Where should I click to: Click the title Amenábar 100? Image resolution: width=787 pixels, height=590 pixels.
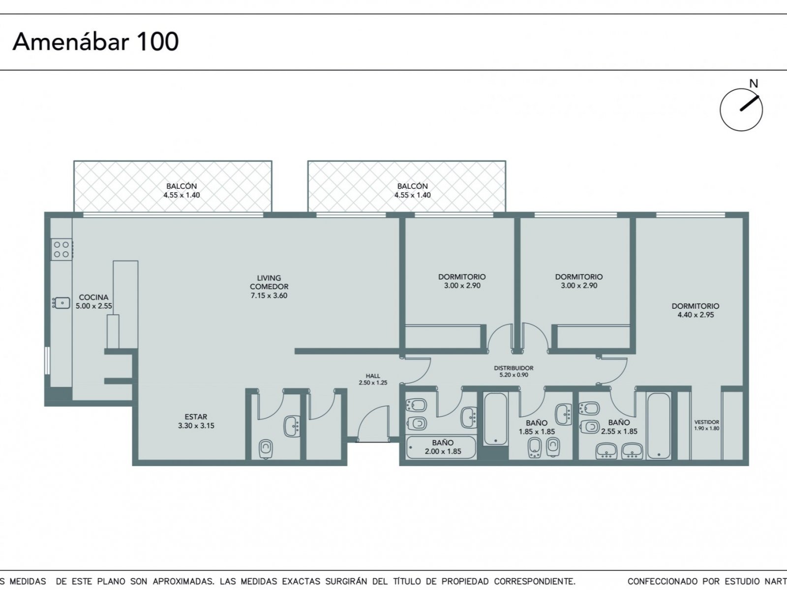tap(95, 42)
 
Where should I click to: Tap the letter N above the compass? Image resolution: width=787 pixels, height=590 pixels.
tap(754, 84)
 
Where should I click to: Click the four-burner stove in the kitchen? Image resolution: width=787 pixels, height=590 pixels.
tap(61, 249)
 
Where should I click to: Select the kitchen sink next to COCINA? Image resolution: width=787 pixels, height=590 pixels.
tap(61, 303)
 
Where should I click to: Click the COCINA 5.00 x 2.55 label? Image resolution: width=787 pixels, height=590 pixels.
tap(93, 301)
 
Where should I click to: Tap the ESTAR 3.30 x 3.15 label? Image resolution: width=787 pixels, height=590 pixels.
tap(196, 421)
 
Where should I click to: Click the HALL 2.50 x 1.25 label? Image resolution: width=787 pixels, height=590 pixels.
tap(373, 379)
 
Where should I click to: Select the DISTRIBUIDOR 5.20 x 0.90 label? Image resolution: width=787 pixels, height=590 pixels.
tap(514, 371)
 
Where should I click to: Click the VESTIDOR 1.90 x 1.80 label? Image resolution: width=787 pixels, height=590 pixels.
tap(706, 425)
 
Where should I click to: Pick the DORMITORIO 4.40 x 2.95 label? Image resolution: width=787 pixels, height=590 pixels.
tap(695, 310)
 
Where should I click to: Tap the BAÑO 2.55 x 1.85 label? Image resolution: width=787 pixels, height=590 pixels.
tap(619, 427)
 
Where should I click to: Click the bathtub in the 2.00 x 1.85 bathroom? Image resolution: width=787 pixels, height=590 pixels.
tap(441, 447)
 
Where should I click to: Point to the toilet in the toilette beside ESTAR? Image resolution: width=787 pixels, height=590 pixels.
tap(265, 448)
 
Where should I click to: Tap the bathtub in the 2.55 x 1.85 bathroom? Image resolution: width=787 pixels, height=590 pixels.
tap(658, 425)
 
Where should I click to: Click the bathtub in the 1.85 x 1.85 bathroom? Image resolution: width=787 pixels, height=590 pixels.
tap(495, 418)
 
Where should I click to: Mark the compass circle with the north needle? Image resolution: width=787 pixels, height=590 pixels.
tap(741, 89)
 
